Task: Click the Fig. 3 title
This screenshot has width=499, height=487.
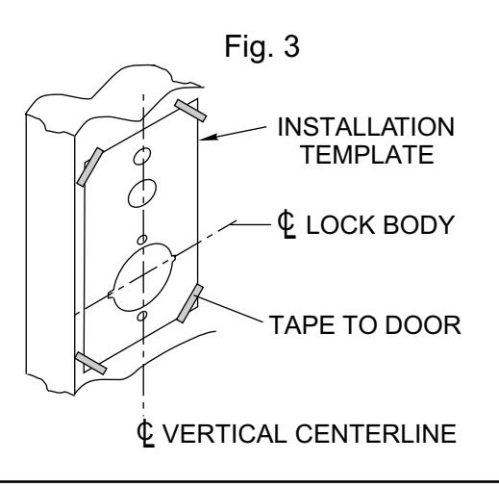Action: pos(262,47)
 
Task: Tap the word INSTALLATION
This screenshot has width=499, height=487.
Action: pos(365,127)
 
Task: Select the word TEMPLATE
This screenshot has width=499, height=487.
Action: pos(368,155)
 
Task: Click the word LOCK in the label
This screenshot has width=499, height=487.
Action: pos(340,224)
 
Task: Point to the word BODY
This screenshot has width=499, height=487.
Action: pos(418,224)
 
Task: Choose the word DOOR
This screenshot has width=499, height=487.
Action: pos(423,325)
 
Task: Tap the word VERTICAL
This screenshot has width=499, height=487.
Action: pos(225,434)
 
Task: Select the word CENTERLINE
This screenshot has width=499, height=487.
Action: pos(376,434)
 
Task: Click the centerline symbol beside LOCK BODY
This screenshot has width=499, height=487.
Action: pos(287,224)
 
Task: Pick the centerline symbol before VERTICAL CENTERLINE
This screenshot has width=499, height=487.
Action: pos(145,433)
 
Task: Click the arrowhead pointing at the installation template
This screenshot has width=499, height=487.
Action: pos(209,138)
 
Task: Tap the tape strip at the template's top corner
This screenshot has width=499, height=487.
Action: pos(190,111)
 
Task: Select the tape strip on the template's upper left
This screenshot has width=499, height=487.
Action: pos(90,167)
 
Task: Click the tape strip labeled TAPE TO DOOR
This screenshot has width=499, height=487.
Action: pos(190,303)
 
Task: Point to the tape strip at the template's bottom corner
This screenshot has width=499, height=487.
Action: pos(90,363)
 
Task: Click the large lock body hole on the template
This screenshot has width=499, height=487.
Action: pos(143,277)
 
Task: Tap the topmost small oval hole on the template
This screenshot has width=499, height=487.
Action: pos(142,156)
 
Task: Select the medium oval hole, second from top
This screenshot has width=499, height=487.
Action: pos(142,193)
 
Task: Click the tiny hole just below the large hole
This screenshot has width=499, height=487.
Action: pos(142,316)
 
